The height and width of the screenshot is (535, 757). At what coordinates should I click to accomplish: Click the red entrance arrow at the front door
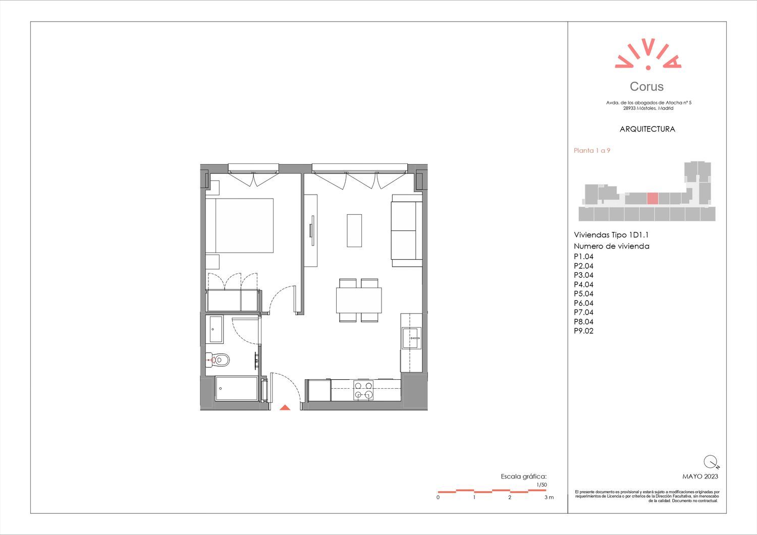tap(285, 407)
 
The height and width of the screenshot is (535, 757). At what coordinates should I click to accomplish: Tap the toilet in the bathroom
tap(218, 360)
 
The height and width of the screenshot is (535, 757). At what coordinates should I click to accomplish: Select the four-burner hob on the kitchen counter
tap(364, 390)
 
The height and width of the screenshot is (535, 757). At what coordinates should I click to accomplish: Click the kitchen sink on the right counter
tap(412, 338)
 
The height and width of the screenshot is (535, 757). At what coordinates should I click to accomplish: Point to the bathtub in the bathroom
tap(237, 388)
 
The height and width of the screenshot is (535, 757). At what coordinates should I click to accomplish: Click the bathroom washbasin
tap(216, 329)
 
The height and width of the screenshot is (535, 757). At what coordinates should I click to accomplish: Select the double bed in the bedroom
tap(240, 225)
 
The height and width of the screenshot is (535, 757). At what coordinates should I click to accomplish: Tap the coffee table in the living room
tap(354, 230)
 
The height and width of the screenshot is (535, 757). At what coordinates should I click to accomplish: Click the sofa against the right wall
tap(407, 230)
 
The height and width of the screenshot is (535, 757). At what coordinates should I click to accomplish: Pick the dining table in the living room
tap(359, 300)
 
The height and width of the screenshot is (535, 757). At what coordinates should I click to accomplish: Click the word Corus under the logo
tap(646, 86)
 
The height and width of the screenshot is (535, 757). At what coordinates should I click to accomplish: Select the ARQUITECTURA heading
tap(647, 129)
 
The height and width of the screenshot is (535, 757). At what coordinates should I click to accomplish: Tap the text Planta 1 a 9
tap(592, 151)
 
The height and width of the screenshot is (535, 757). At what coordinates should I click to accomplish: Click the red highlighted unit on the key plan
tap(653, 198)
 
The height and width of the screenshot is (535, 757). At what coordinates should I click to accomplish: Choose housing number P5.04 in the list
tap(583, 294)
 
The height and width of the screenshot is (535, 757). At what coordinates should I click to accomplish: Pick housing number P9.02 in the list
tap(583, 331)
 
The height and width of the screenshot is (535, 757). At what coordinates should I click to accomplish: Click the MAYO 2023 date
tap(700, 477)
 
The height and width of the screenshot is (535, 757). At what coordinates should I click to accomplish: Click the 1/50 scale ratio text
tap(542, 485)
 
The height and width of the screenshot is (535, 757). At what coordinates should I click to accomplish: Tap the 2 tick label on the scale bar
tap(510, 497)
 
